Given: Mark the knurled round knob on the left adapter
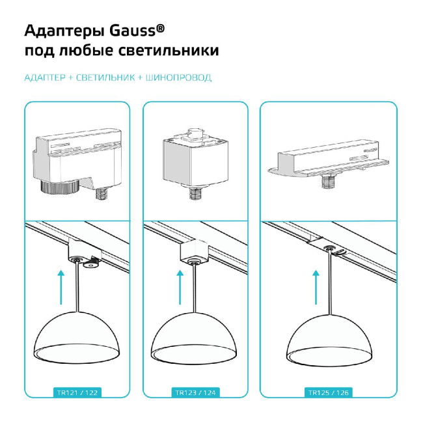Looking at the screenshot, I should (x=61, y=189).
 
